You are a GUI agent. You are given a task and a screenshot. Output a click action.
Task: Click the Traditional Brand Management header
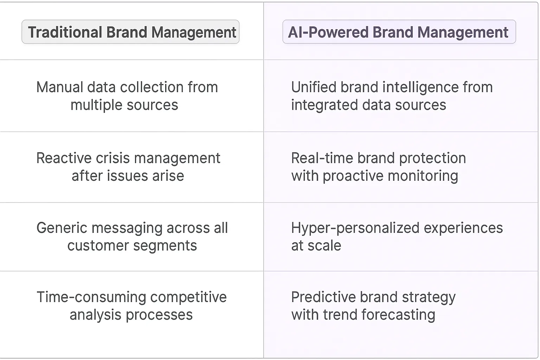[x=130, y=32]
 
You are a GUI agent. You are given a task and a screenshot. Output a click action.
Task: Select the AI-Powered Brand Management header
[x=399, y=32]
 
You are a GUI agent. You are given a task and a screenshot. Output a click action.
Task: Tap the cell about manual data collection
[x=127, y=96]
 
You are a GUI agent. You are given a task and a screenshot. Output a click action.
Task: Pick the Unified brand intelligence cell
[x=392, y=96]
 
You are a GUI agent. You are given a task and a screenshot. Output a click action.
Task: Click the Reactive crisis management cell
[x=128, y=167]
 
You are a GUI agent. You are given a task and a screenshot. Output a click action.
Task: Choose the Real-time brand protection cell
[x=378, y=167]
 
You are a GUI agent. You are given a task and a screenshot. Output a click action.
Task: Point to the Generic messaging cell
[x=132, y=236]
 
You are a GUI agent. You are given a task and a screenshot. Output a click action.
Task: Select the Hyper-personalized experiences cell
[x=397, y=236]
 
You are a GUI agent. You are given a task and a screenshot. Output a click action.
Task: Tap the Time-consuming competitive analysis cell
[x=131, y=306]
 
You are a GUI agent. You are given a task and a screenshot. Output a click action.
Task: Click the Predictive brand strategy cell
[x=373, y=306]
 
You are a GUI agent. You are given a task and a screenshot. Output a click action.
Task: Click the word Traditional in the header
[x=65, y=32]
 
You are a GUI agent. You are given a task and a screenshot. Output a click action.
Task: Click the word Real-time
[x=322, y=158]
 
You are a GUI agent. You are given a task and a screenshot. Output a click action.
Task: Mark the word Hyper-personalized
[x=355, y=228]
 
